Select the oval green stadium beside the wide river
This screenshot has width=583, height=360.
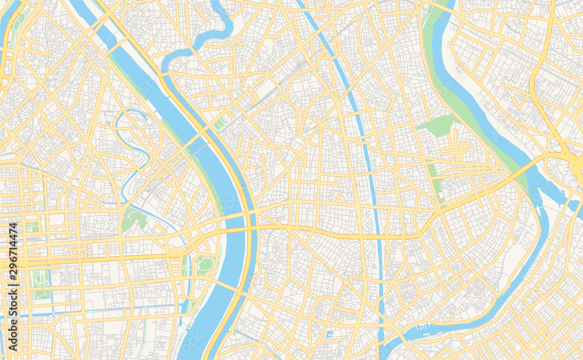click(205, 264)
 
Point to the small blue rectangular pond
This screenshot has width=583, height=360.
click(330, 334)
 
